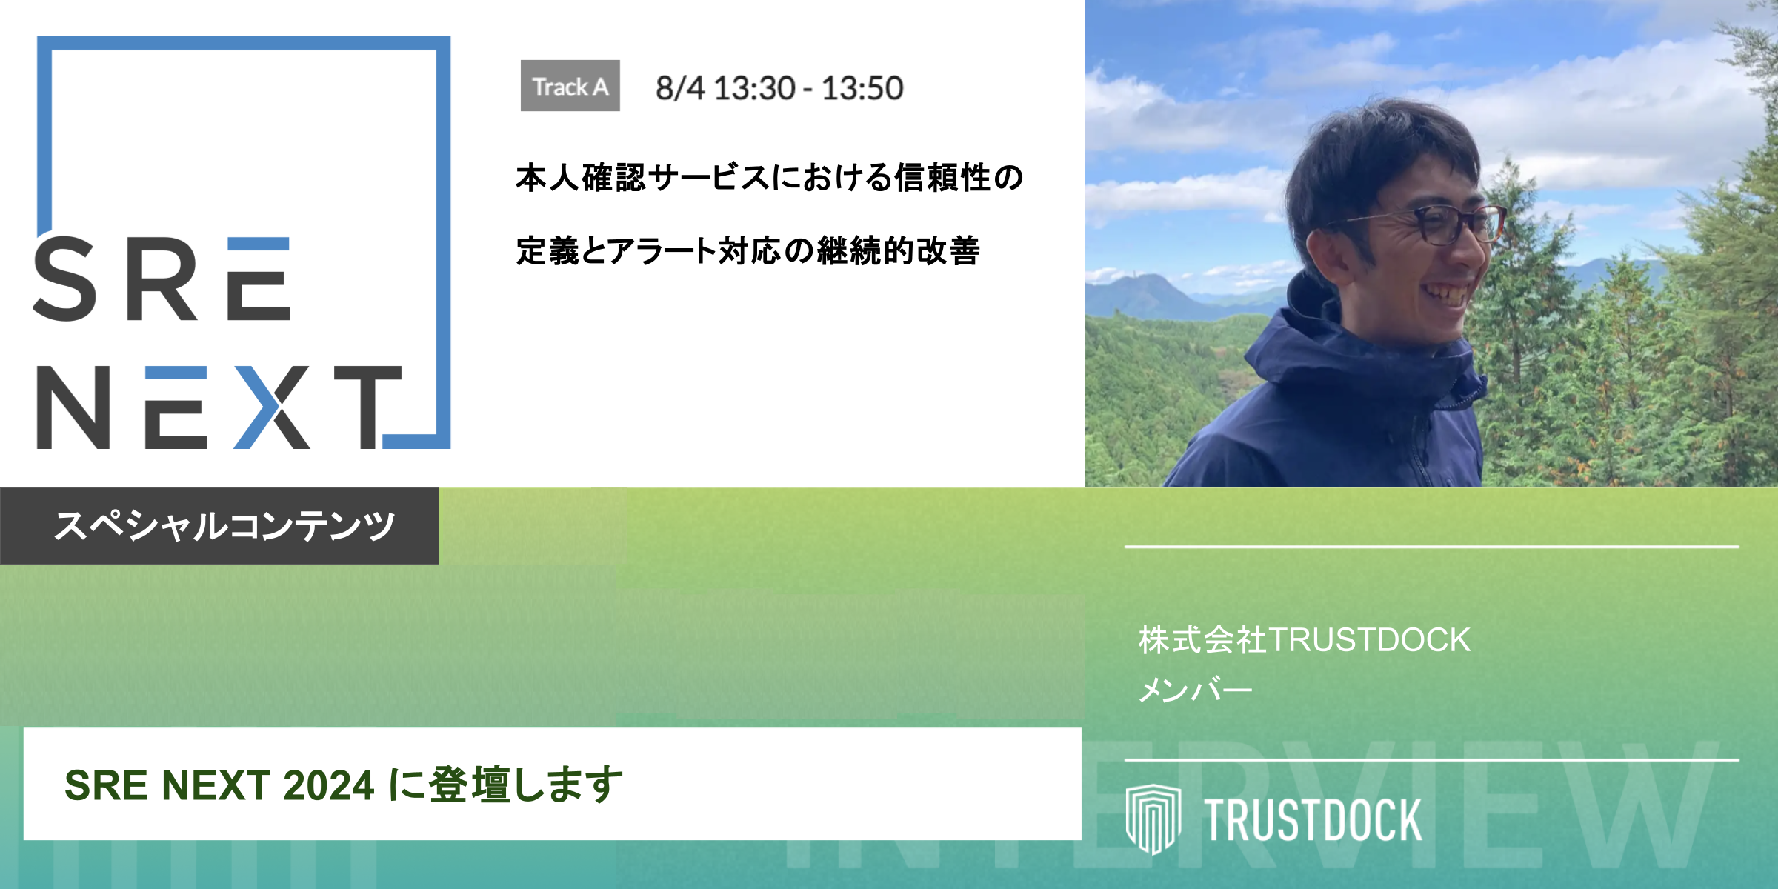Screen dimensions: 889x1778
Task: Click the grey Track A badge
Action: click(570, 86)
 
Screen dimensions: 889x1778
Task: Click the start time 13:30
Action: click(754, 88)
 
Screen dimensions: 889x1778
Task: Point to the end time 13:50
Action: click(862, 88)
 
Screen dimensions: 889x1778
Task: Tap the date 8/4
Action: click(679, 88)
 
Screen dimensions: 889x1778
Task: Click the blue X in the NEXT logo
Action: click(271, 407)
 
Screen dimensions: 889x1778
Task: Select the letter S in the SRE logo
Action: click(65, 279)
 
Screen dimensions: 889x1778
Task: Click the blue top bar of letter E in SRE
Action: click(258, 245)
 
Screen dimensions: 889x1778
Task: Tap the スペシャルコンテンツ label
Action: click(224, 526)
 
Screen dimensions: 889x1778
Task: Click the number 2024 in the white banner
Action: click(328, 785)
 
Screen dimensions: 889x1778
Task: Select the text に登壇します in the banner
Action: click(505, 785)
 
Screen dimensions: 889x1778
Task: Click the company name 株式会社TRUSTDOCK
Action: click(1304, 640)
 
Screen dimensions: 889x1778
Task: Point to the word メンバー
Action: click(1195, 690)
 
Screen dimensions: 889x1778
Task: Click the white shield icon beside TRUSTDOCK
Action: click(1153, 818)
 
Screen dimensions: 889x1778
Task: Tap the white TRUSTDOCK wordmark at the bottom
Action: click(1312, 820)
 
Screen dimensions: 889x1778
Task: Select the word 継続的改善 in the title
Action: click(899, 251)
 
